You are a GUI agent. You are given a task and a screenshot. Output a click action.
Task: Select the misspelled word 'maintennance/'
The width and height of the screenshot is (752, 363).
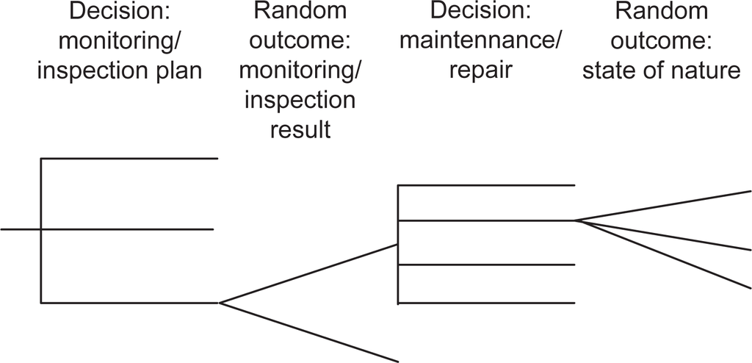[x=481, y=41]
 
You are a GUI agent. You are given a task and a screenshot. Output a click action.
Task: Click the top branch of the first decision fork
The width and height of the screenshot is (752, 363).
[x=129, y=158]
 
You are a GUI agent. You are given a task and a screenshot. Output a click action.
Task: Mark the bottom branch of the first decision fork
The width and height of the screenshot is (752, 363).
[x=129, y=302]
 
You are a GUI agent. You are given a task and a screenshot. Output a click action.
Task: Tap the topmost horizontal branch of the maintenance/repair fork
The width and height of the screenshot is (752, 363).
[x=486, y=185]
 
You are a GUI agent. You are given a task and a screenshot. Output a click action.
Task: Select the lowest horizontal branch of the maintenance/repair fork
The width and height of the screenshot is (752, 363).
[x=486, y=303]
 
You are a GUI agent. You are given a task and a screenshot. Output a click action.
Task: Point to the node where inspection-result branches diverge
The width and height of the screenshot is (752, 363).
[x=220, y=302]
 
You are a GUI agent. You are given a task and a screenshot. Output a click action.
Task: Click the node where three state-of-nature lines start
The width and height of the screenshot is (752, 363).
[x=575, y=220]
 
